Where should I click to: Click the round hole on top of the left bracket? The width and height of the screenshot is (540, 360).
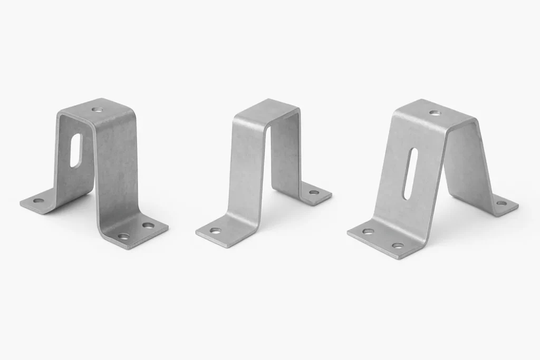tap(97, 110)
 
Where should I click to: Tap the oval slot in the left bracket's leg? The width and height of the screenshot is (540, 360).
tap(76, 150)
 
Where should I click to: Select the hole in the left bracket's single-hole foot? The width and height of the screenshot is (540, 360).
tap(38, 200)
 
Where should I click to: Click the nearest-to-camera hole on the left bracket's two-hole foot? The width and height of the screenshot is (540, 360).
tap(123, 236)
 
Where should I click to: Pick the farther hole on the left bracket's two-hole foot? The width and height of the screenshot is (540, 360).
tap(148, 226)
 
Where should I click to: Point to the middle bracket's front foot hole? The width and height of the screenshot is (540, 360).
tap(215, 230)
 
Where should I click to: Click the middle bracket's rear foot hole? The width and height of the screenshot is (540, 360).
tap(314, 192)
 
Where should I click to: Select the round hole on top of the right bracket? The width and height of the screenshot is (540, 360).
tap(434, 112)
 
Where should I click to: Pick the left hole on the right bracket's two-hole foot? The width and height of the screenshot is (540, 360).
tap(368, 231)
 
